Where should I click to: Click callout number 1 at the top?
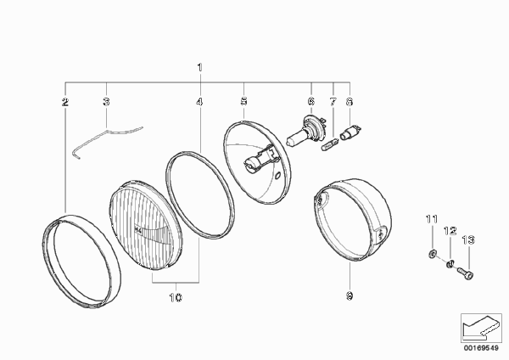200,68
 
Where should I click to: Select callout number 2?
65,102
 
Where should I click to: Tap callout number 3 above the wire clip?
107,102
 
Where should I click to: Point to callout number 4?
199,102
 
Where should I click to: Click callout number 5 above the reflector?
243,101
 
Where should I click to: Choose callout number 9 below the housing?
350,296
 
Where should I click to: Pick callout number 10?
176,297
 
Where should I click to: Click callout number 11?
432,219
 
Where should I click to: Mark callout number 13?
468,240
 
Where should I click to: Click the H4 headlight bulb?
305,131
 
